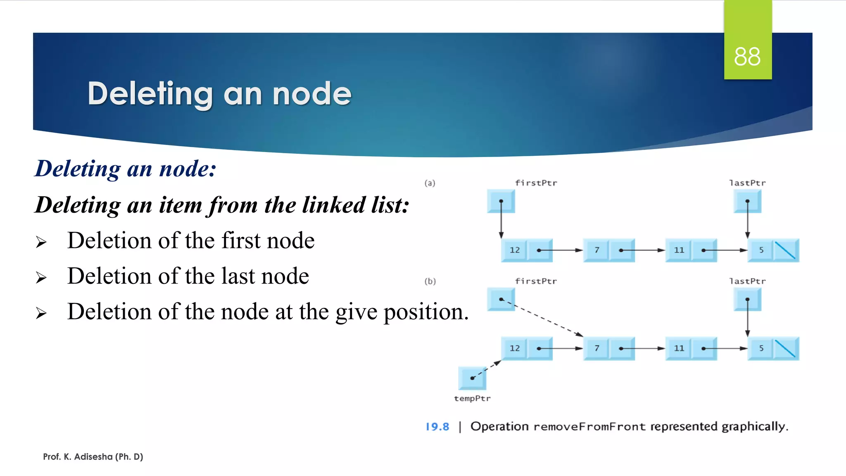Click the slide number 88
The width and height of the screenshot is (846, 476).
click(x=747, y=57)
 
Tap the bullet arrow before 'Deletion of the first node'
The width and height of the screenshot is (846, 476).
click(x=41, y=242)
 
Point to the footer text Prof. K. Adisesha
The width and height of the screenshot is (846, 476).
click(x=93, y=457)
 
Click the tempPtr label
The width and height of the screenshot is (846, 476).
click(x=472, y=398)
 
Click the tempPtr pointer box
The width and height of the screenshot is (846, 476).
click(x=472, y=378)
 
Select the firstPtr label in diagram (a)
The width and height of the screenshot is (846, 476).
click(x=536, y=183)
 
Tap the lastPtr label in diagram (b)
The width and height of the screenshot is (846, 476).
click(x=747, y=281)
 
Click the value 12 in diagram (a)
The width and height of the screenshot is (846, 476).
click(x=514, y=250)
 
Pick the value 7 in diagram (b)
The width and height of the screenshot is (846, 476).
click(x=596, y=348)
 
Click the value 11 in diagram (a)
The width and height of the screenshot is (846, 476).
click(x=679, y=250)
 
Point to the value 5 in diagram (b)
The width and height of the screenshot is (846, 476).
click(x=761, y=348)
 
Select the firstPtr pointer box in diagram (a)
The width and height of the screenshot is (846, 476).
click(x=501, y=201)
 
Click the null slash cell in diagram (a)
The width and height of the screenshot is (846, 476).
click(x=785, y=250)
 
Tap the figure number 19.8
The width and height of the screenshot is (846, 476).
click(x=437, y=426)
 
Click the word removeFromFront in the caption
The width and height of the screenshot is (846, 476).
click(x=589, y=426)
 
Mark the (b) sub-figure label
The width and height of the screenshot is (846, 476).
click(x=430, y=281)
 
